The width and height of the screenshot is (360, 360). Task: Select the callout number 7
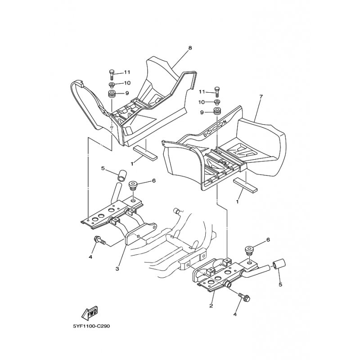(x=260, y=97)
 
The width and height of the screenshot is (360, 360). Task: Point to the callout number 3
(x=117, y=269)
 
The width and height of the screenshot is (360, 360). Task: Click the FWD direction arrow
(x=90, y=312)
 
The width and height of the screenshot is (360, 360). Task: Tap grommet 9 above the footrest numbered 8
(x=111, y=94)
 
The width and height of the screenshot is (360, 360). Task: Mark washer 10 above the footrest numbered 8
(x=111, y=85)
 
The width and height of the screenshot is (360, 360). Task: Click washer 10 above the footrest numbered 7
(x=217, y=102)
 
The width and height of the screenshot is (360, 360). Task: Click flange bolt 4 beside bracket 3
(x=99, y=241)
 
